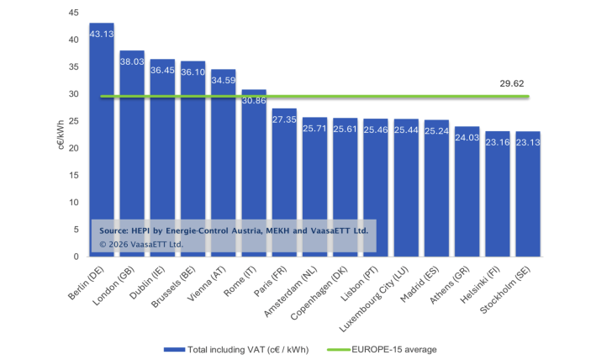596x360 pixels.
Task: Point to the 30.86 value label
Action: coord(254,100)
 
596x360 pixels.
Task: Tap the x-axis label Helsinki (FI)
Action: coord(487,285)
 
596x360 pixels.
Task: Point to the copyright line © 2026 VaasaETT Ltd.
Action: coord(141,244)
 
